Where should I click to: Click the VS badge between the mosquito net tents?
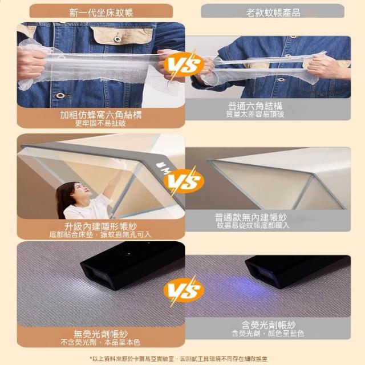[x=184, y=181]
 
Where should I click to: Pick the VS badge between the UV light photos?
[x=184, y=290]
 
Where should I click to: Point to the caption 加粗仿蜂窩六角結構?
[x=101, y=115]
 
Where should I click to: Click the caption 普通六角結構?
[x=255, y=106]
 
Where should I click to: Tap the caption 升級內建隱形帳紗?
[x=101, y=226]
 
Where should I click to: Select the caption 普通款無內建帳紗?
[x=251, y=217]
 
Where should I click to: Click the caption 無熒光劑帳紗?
[x=101, y=334]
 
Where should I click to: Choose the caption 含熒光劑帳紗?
[x=269, y=325]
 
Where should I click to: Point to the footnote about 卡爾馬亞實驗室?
[x=179, y=359]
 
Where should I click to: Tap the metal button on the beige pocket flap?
[x=117, y=39]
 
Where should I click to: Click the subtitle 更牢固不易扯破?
[x=100, y=123]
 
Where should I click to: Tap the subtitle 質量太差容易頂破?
[x=255, y=114]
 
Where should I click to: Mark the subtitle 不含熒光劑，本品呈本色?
[x=100, y=342]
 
